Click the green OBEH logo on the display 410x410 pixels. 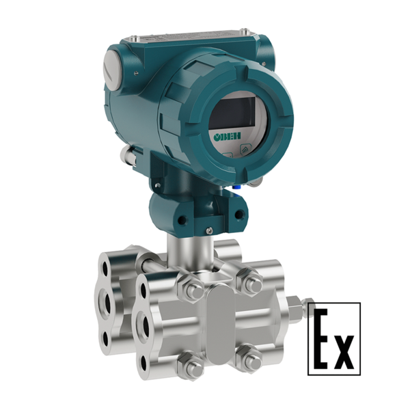pos(228,136)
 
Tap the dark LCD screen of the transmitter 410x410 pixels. pos(233,113)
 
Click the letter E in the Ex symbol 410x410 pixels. pos(321,339)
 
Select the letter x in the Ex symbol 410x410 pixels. pos(343,351)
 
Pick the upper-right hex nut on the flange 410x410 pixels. pos(249,282)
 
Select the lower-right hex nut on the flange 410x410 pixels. pos(249,359)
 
